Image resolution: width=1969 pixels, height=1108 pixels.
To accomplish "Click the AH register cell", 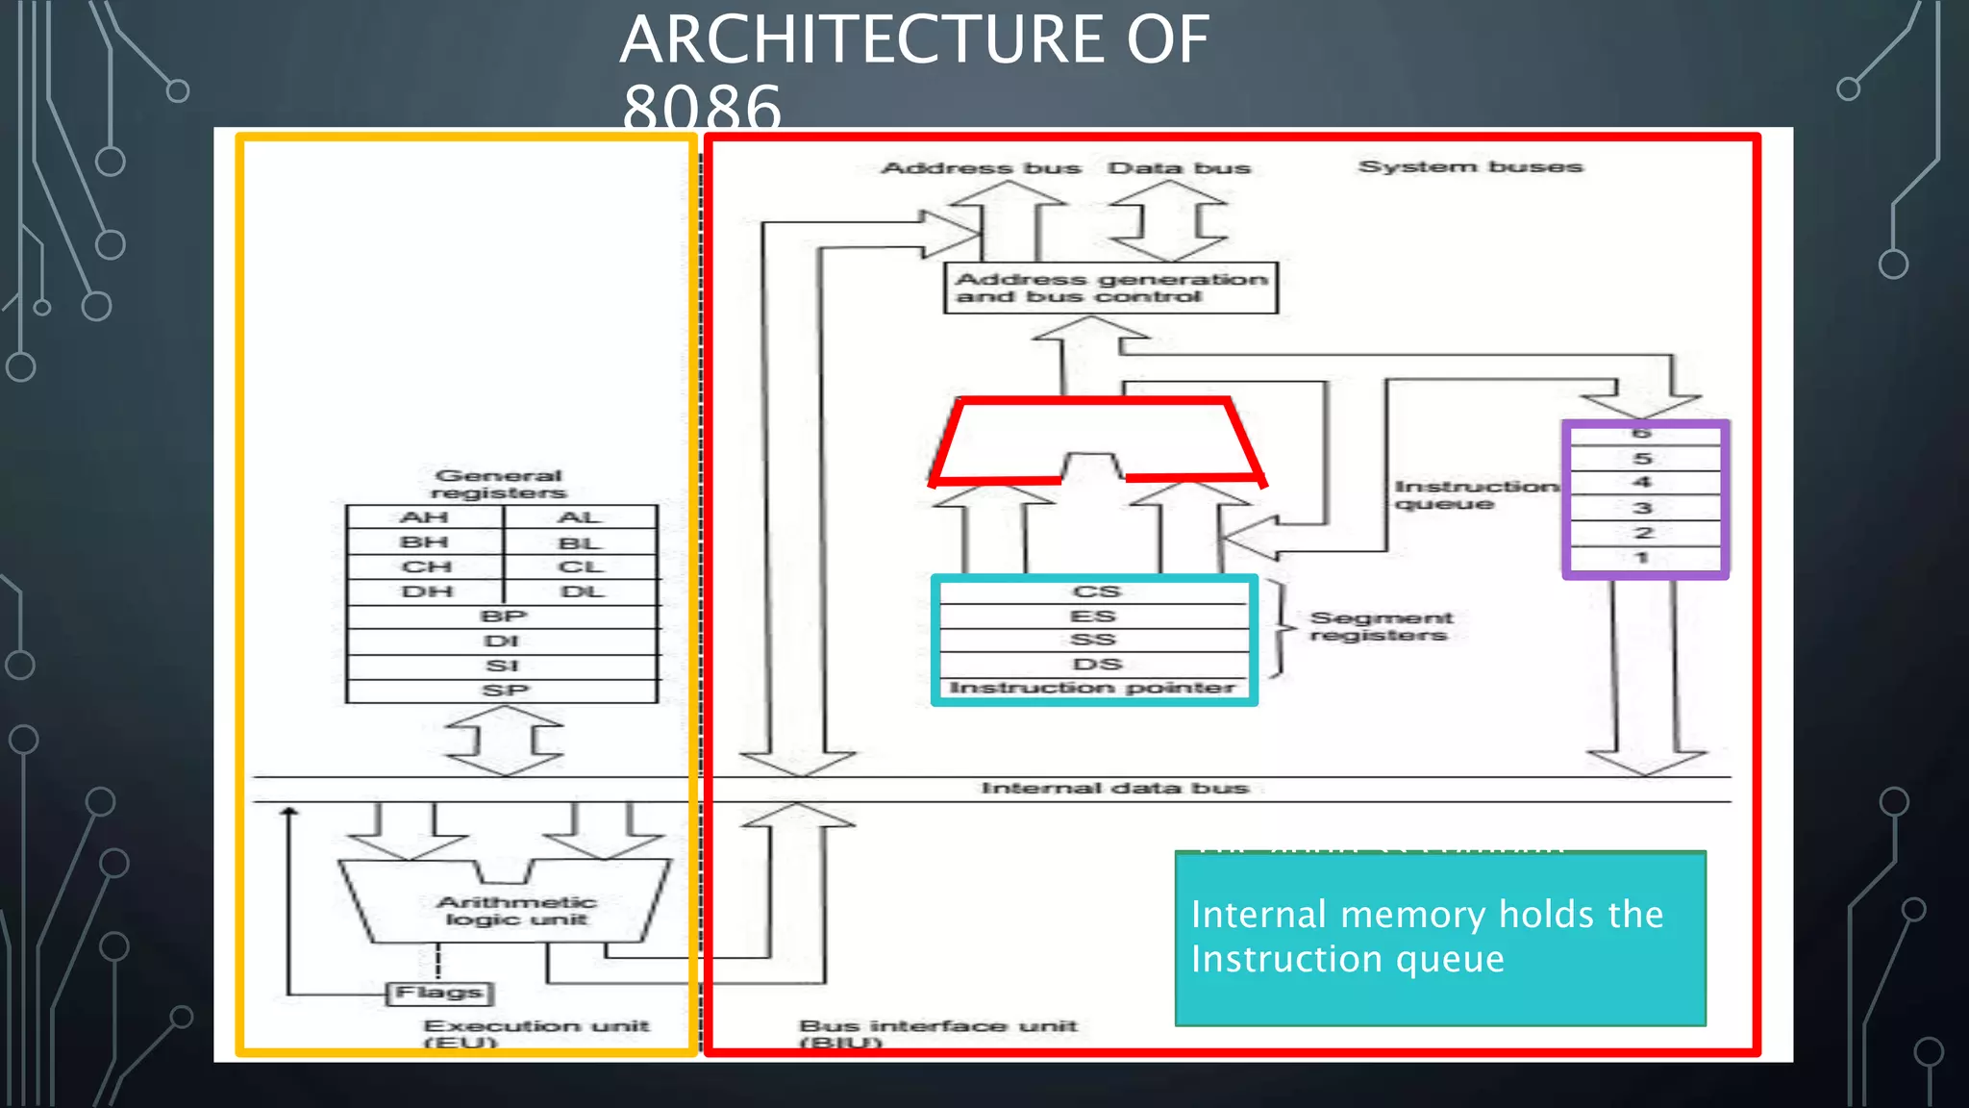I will click(424, 517).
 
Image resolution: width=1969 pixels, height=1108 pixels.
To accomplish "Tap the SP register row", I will click(503, 691).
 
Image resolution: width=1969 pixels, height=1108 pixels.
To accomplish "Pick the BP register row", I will click(503, 617).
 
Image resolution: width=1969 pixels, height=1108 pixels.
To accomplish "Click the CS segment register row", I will click(1095, 592).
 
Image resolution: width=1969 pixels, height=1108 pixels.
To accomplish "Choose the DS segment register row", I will click(1095, 665).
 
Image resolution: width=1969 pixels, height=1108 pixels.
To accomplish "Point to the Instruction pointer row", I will click(1092, 688).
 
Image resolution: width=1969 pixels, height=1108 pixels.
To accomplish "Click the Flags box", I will click(439, 993).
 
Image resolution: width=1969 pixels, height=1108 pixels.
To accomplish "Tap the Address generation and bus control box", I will click(1110, 288).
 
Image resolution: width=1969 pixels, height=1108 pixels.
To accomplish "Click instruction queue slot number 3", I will click(1643, 508).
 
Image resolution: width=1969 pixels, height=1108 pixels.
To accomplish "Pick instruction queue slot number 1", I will click(1643, 558).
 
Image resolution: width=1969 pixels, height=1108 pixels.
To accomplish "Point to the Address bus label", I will click(981, 168).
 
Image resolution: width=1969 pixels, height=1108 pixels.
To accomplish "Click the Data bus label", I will click(1179, 168).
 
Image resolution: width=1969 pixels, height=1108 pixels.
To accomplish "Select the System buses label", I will click(1470, 167).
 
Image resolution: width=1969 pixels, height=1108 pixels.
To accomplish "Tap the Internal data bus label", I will click(1114, 789).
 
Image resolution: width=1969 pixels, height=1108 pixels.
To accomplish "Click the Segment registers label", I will click(1381, 626).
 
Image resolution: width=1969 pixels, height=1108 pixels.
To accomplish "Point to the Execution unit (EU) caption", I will click(536, 1033).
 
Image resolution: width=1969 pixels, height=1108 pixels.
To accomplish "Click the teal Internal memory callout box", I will click(1440, 938).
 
